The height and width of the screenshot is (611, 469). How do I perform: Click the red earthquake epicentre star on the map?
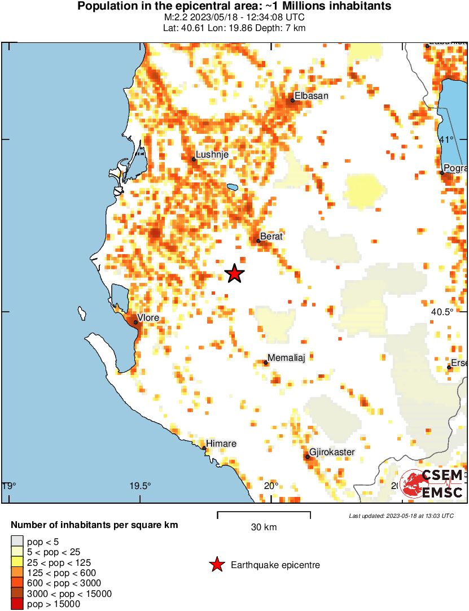pos(235,273)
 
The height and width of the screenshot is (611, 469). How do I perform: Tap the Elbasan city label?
pos(311,96)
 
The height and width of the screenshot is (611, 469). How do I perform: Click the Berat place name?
pos(271,237)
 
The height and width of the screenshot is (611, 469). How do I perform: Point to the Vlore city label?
pos(148,318)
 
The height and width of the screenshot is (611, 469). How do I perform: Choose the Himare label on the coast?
pos(221,443)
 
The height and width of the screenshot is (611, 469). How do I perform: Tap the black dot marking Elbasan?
pos(293,101)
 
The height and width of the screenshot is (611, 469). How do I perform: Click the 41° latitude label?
pos(446,139)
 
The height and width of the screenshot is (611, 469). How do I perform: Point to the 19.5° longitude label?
pos(141,486)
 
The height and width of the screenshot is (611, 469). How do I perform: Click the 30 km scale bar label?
pos(264,527)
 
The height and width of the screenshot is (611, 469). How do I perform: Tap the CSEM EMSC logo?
pos(432,485)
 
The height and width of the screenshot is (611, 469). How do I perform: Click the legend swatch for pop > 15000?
pos(17,604)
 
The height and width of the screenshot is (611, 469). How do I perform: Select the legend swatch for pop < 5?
pos(17,542)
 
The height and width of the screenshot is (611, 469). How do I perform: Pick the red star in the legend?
pos(216,565)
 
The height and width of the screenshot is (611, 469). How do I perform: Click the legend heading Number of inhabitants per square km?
pos(94,525)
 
